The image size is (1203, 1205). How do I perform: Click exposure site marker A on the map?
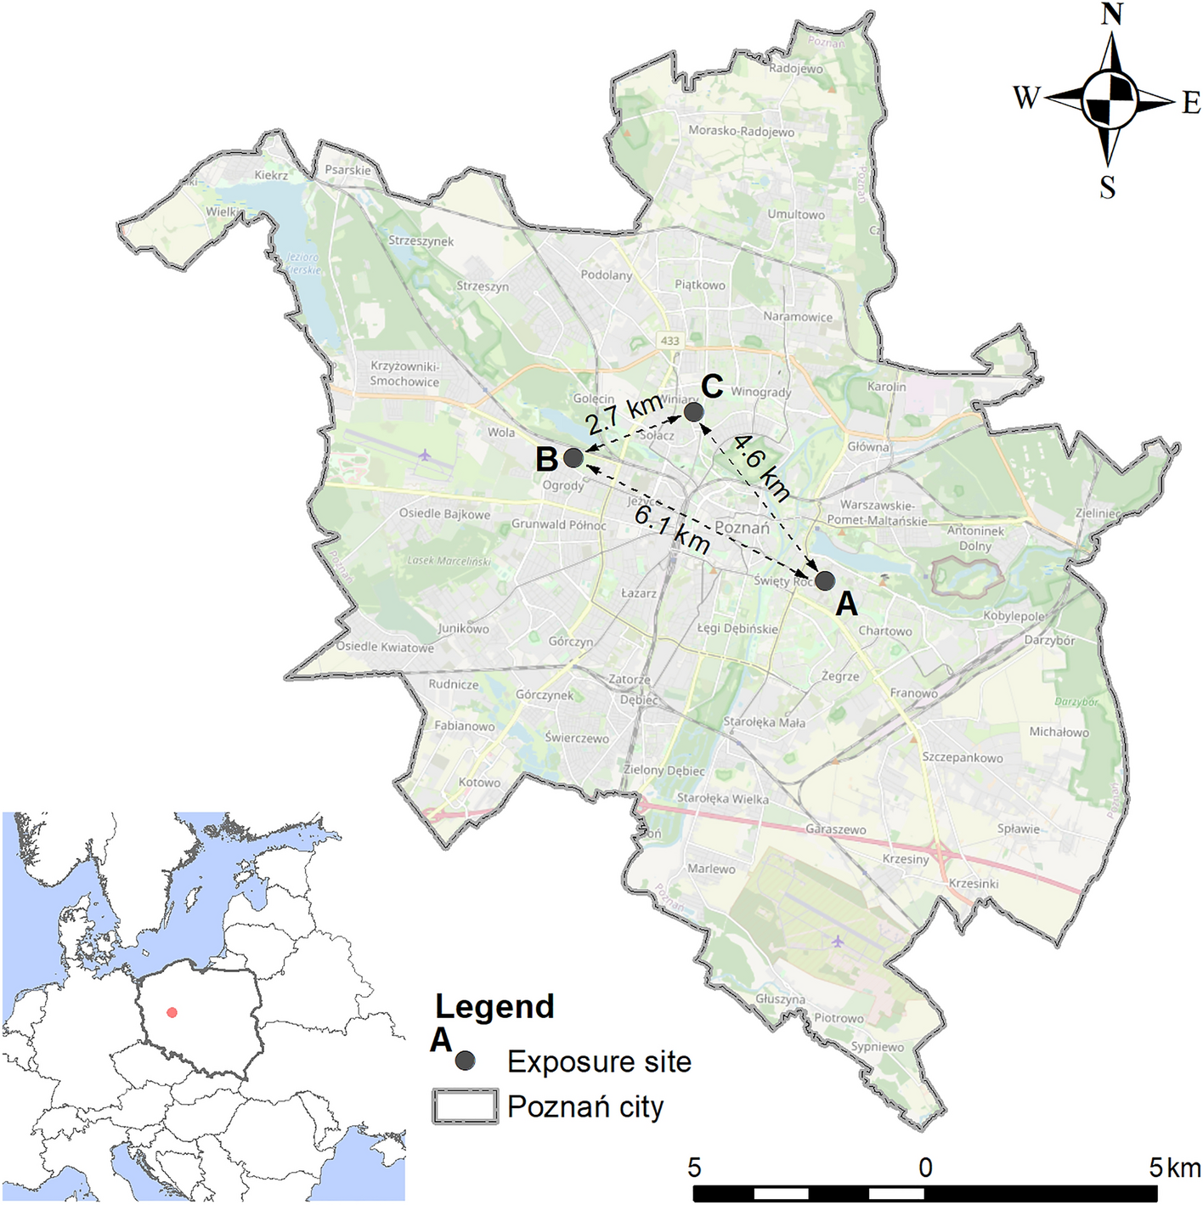coord(824,581)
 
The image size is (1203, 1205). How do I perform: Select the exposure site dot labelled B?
coord(573,458)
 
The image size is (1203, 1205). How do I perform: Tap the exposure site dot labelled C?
coord(693,412)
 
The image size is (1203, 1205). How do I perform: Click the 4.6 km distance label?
coord(761,467)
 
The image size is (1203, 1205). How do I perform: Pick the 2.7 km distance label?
coord(624,413)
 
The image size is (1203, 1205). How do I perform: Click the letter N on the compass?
coord(1112,14)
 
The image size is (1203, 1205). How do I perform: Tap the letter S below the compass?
coord(1107,187)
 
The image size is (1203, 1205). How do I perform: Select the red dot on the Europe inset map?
coord(172,1012)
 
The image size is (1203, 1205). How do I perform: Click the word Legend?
coord(494,1007)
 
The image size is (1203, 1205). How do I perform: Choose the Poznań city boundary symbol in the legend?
coord(465,1106)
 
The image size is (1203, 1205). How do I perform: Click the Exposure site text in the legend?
coord(599,1061)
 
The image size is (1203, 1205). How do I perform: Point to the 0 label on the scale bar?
coord(925,1168)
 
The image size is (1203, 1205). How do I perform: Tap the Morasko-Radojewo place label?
coord(741,131)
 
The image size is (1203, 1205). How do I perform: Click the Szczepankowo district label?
coord(963,757)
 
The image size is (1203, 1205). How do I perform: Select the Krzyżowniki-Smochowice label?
coord(404,374)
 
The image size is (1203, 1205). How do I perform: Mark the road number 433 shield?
coord(670,341)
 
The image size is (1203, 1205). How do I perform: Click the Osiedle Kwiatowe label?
coord(385,647)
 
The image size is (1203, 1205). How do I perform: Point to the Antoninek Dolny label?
coord(975,538)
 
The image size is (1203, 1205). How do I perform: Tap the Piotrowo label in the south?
coord(839,1018)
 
